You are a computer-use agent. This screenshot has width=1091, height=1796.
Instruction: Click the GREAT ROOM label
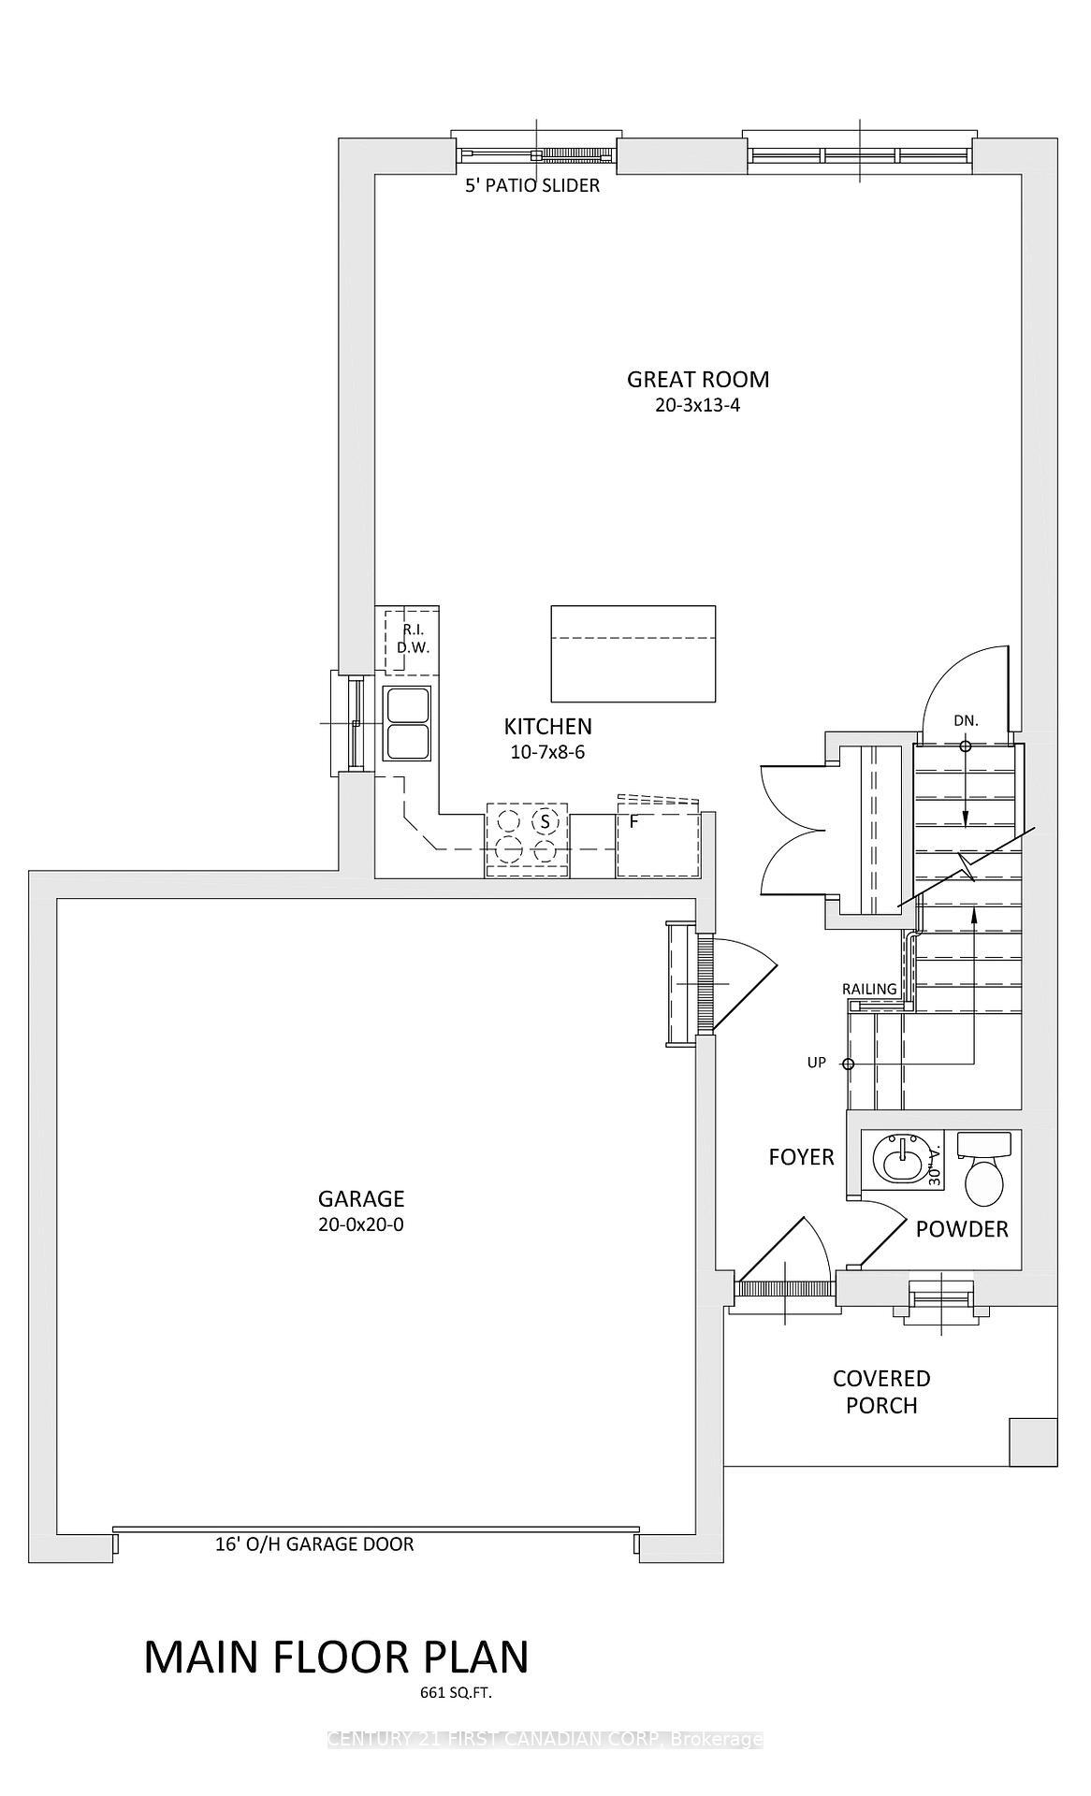tap(698, 379)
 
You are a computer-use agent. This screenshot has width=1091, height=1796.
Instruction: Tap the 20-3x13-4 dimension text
tap(698, 406)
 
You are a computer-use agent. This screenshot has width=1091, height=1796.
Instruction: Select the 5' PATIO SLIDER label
tap(532, 185)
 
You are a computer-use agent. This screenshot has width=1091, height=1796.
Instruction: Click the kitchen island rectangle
tap(633, 653)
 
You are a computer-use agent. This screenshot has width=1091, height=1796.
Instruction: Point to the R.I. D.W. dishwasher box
tap(408, 640)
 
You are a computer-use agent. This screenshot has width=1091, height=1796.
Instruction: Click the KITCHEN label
tap(547, 726)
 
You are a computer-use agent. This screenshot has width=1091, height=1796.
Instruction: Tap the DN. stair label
tap(966, 720)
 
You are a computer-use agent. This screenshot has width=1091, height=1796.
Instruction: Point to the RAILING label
tap(869, 989)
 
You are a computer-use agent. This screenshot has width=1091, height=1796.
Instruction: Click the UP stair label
tap(817, 1063)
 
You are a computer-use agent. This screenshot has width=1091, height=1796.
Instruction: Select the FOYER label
tap(801, 1157)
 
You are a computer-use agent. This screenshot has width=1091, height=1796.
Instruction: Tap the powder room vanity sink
tap(898, 1161)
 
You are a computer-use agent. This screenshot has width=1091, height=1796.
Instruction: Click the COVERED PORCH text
tap(881, 1392)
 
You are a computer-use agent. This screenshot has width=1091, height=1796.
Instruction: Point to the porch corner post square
tap(1033, 1441)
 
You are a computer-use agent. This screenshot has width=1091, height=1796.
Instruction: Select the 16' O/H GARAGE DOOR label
tap(314, 1543)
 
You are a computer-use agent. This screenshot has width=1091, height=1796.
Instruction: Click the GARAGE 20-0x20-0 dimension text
tap(361, 1225)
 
